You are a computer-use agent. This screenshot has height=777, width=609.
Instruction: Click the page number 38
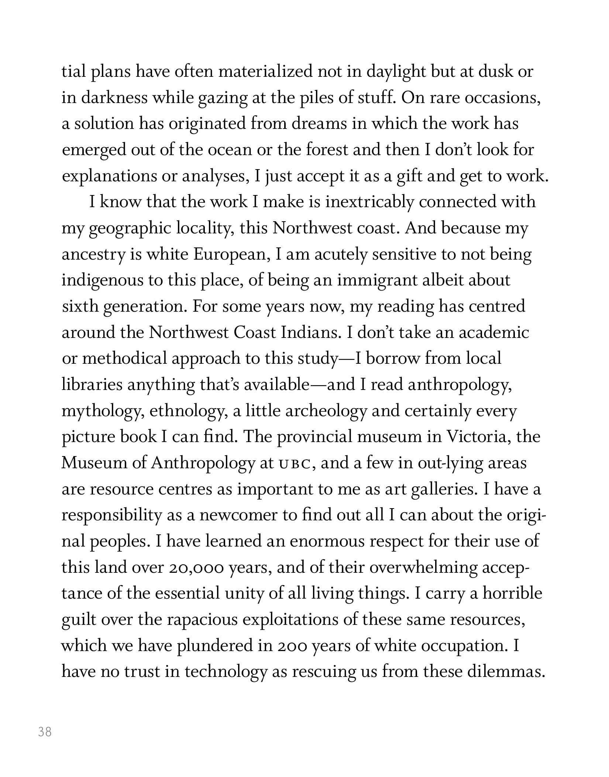pos(45,732)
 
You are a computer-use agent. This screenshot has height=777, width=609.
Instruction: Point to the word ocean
pos(229,150)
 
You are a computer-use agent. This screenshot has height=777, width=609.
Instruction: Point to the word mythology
pos(102,411)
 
